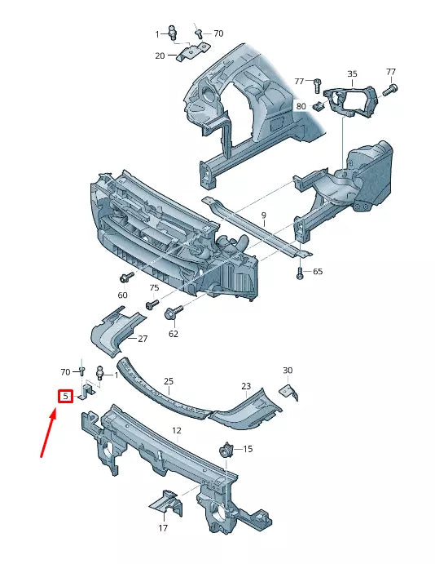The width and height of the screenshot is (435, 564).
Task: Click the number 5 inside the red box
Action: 66,397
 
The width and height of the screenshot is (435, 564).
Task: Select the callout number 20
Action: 160,56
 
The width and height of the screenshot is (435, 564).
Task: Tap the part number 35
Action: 352,74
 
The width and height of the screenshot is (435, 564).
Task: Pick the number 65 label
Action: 318,272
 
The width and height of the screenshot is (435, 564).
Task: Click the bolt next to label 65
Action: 301,273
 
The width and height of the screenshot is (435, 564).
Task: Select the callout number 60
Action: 123,295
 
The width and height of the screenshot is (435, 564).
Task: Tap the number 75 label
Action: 154,288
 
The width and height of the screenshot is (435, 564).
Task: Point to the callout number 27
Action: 143,339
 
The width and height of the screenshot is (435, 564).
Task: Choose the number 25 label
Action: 169,381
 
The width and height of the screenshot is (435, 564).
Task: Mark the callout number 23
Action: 245,386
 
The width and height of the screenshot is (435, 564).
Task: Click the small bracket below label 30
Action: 289,393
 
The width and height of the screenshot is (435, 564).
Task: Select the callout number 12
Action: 176,430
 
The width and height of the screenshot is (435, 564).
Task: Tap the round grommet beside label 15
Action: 226,449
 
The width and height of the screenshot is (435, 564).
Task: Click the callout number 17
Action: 163,528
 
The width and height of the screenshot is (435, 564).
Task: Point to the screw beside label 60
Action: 127,278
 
